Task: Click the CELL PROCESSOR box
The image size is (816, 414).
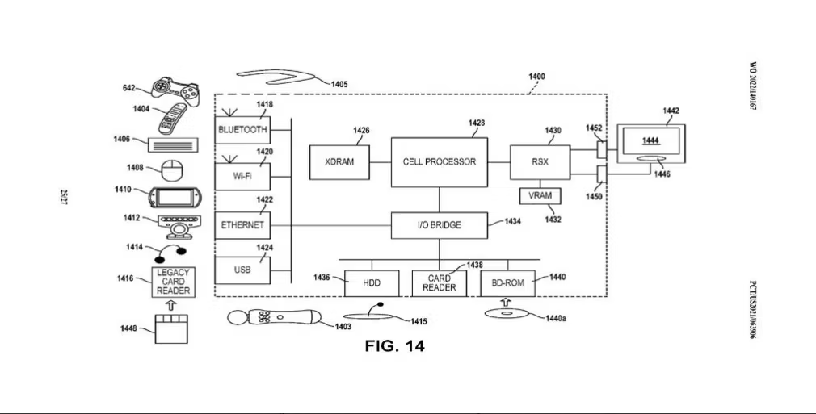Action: point(440,162)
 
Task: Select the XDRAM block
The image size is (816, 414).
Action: point(339,162)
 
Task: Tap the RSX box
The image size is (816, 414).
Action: point(540,162)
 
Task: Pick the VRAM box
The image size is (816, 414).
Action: point(540,196)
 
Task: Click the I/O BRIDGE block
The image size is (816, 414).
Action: point(440,225)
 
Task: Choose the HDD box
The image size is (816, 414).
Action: point(372,283)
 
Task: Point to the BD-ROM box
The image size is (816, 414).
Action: point(507,283)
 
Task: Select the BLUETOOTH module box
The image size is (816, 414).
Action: point(242,130)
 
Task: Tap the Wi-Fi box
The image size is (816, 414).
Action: point(242,175)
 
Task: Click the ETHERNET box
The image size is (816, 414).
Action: point(242,224)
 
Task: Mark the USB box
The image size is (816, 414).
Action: point(242,270)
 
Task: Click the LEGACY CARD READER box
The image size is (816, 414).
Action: point(172,282)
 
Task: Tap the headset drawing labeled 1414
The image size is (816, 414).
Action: point(171,252)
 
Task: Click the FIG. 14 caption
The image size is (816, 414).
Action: point(394,346)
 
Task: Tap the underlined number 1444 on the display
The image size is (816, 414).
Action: point(650,141)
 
